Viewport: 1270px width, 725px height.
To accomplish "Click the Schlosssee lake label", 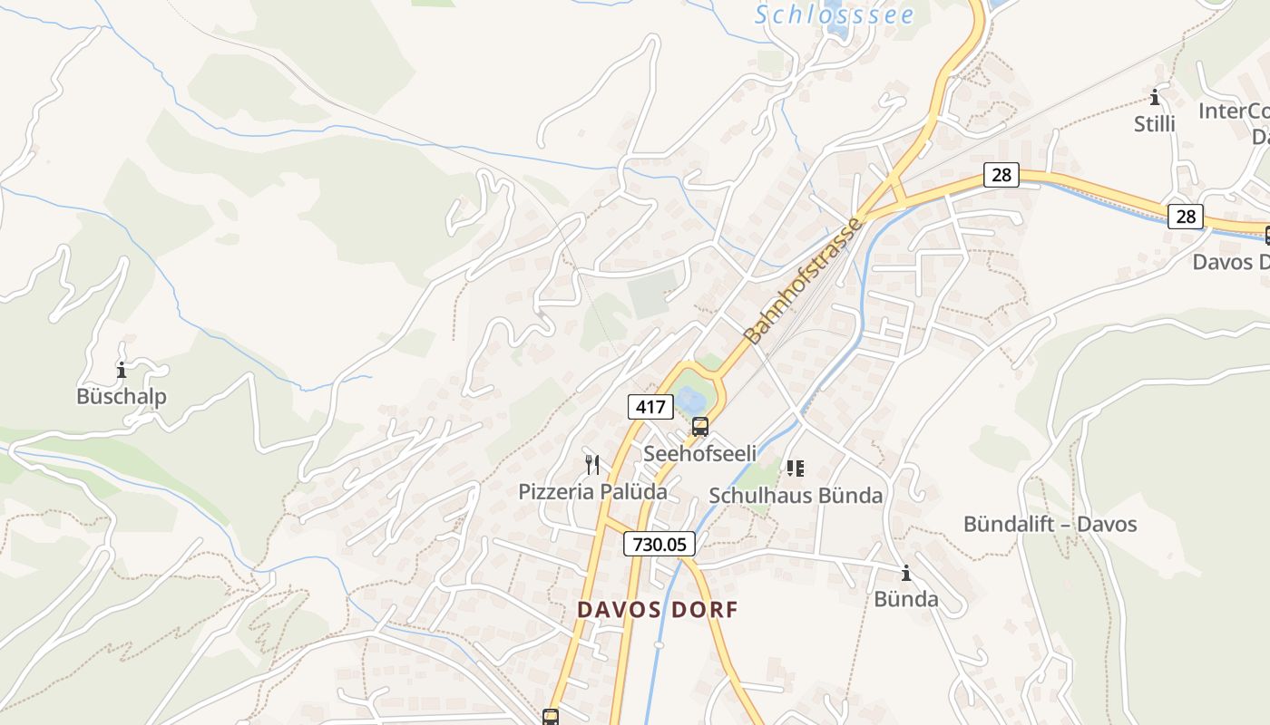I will point(835,14).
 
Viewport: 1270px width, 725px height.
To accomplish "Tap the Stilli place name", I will point(1154,124).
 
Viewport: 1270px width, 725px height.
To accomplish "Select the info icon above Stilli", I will point(1155,97).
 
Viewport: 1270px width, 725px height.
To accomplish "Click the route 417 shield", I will point(650,407).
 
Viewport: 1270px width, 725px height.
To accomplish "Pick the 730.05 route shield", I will point(659,544).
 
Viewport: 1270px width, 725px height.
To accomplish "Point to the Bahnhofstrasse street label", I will point(803,280).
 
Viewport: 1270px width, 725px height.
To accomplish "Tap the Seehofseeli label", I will point(699,453).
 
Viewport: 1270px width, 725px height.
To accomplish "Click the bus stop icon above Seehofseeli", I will point(699,427).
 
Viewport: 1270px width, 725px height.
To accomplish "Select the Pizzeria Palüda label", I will point(592,492).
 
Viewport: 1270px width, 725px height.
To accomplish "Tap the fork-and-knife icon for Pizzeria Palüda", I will point(592,465).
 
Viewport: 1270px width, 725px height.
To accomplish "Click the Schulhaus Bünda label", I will point(796,496).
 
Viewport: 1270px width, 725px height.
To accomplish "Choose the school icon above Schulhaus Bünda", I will point(796,469).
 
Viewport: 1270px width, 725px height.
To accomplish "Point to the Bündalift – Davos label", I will point(1050,524).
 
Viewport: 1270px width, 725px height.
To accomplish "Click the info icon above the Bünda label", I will point(905,573).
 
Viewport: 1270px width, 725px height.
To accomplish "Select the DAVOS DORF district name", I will point(658,610).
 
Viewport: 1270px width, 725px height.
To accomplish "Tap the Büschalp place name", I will point(122,396).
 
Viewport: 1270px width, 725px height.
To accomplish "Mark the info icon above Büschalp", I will point(122,370).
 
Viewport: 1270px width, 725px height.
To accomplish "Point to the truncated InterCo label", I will point(1234,111).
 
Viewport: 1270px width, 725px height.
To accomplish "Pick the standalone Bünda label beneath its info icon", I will point(905,599).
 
